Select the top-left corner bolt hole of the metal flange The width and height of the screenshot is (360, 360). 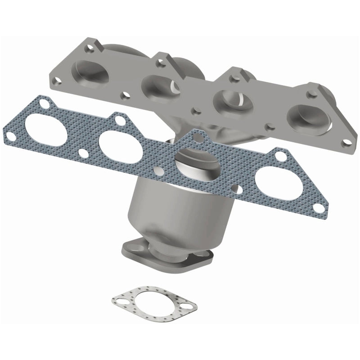click(x=92, y=47)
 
